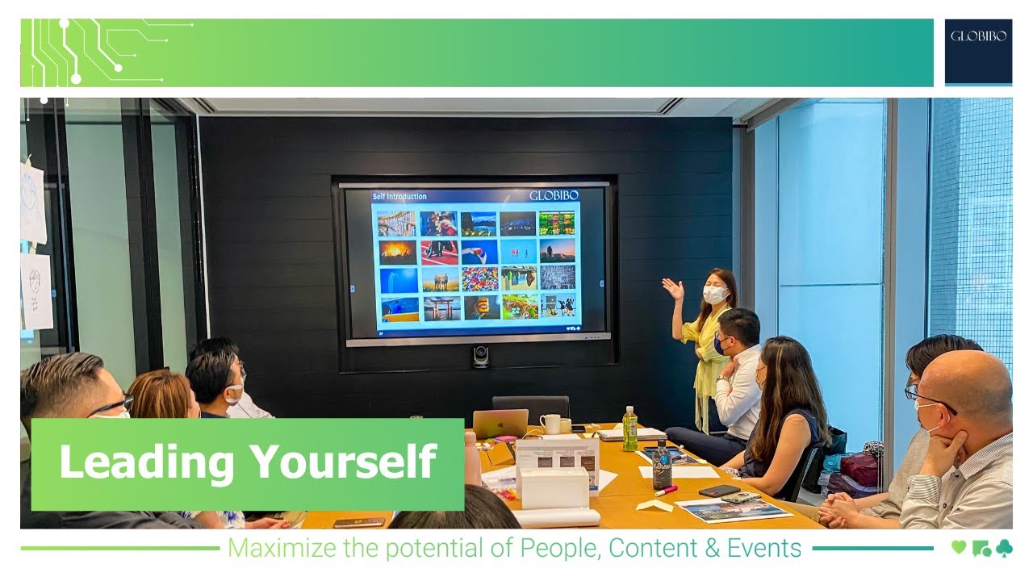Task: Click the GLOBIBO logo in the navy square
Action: [978, 36]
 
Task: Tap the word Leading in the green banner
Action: [146, 462]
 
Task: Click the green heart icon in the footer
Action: [959, 548]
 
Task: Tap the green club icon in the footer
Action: [1003, 548]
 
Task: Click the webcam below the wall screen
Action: [481, 355]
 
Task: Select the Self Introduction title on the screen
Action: [399, 196]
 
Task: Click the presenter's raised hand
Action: [671, 286]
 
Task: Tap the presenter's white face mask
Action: [714, 295]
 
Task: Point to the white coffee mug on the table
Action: [550, 424]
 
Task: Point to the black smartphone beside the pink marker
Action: [719, 491]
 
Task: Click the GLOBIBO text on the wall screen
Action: [554, 196]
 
